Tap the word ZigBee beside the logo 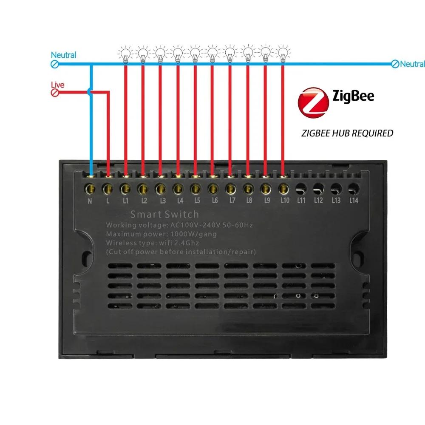353,96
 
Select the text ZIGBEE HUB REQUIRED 347,133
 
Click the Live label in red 57,85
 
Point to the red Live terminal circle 55,93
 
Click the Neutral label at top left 63,55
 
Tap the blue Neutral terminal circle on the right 395,64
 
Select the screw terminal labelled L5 195,189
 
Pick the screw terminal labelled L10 283,189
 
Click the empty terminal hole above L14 354,189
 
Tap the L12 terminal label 318,201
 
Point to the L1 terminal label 125,201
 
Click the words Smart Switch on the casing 164,214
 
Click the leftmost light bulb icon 125,55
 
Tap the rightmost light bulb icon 283,55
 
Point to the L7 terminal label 232,201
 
